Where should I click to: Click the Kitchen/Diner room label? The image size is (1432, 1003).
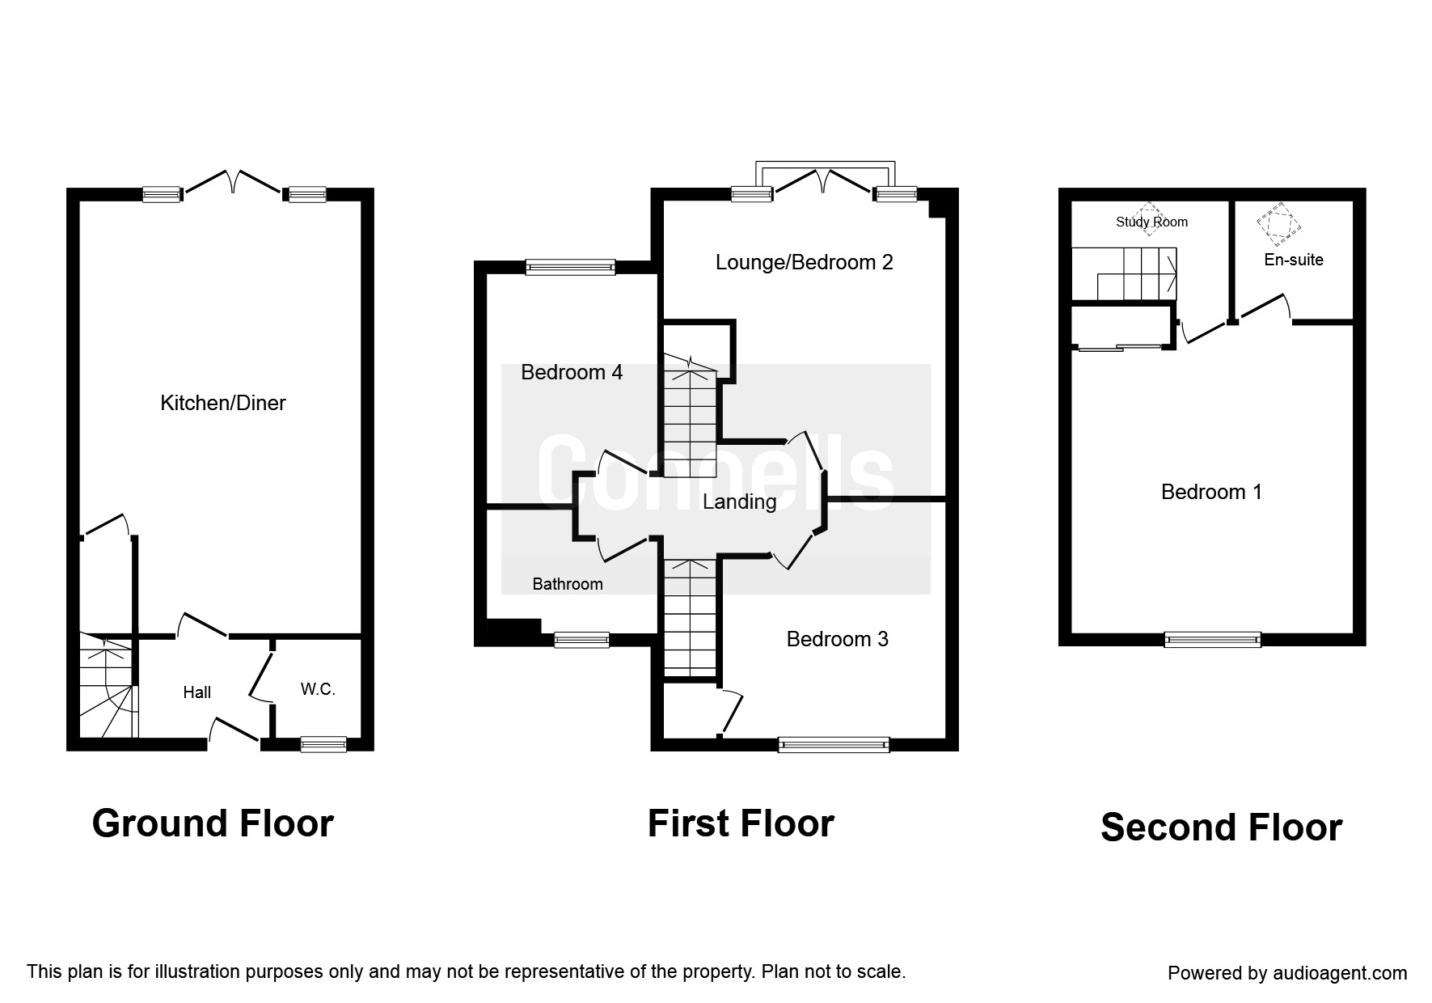223,403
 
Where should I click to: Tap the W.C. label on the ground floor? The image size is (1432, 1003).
318,689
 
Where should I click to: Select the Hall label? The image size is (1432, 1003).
197,692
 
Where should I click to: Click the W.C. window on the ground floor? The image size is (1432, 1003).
323,744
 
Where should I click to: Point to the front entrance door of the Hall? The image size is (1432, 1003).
234,730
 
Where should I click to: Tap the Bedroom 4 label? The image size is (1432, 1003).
572,372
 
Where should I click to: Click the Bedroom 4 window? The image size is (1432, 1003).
570,267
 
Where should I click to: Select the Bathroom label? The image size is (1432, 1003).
568,584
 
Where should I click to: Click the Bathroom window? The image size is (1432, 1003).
581,640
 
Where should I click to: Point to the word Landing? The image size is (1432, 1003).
739,501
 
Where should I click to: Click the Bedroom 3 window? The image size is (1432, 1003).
834,744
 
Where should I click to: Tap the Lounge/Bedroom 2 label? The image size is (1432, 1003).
805,262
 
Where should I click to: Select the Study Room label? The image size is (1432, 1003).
1151,222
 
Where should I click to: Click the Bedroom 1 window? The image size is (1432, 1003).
1212,639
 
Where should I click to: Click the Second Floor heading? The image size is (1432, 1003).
1221,827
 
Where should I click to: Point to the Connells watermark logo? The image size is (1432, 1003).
716,477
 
